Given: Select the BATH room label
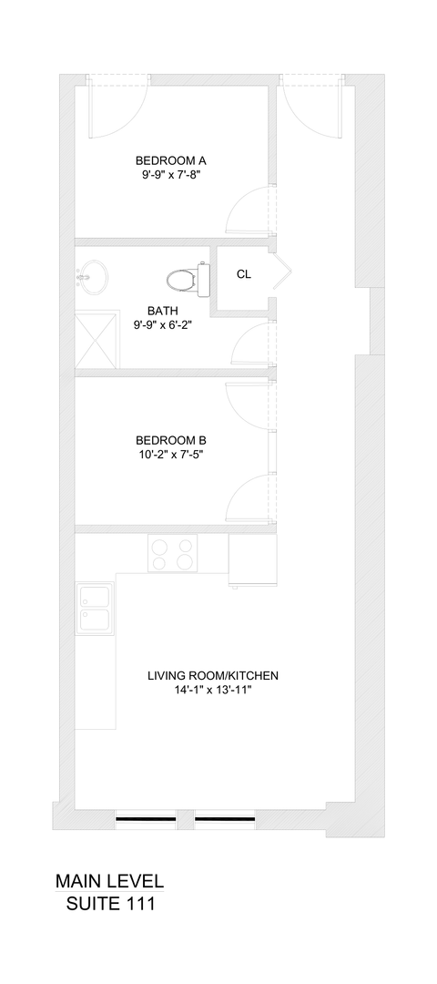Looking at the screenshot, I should click(x=163, y=310).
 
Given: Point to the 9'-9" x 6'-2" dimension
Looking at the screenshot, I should click(x=163, y=324).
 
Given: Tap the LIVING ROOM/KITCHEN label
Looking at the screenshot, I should click(x=212, y=676).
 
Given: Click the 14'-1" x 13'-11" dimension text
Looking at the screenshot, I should click(x=212, y=691).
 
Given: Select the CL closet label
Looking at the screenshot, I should click(x=244, y=274).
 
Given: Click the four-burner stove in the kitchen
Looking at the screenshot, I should click(x=172, y=553).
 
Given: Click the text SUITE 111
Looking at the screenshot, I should click(x=110, y=906).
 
